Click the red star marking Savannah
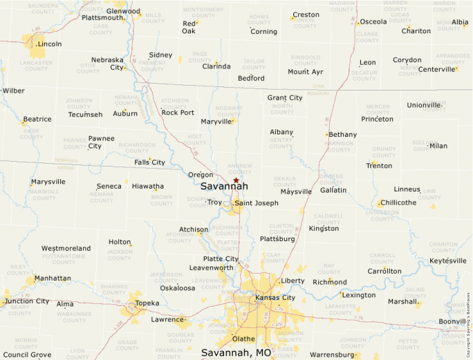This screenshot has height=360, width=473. point(236,180)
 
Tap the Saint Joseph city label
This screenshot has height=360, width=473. point(256,203)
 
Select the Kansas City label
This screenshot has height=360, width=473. point(275,298)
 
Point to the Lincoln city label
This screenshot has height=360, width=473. point(50,44)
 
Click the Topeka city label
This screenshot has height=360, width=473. point(147,303)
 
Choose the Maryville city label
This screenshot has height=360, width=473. point(216,122)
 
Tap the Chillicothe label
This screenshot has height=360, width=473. point(401,202)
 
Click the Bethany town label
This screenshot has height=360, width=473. point(343,135)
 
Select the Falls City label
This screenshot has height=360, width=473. point(150,162)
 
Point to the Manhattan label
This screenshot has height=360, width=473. point(53,278)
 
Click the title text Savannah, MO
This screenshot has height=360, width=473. point(236,352)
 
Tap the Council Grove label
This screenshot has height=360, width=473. point(27,354)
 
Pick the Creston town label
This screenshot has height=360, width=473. point(306,15)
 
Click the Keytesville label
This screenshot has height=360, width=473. point(448,261)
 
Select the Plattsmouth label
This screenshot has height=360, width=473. point(102,18)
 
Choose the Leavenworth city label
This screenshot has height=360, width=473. point(211,267)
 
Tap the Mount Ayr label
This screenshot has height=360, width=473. point(306,72)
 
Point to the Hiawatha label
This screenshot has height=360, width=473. point(148,187)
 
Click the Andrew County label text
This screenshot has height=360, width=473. point(240,169)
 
